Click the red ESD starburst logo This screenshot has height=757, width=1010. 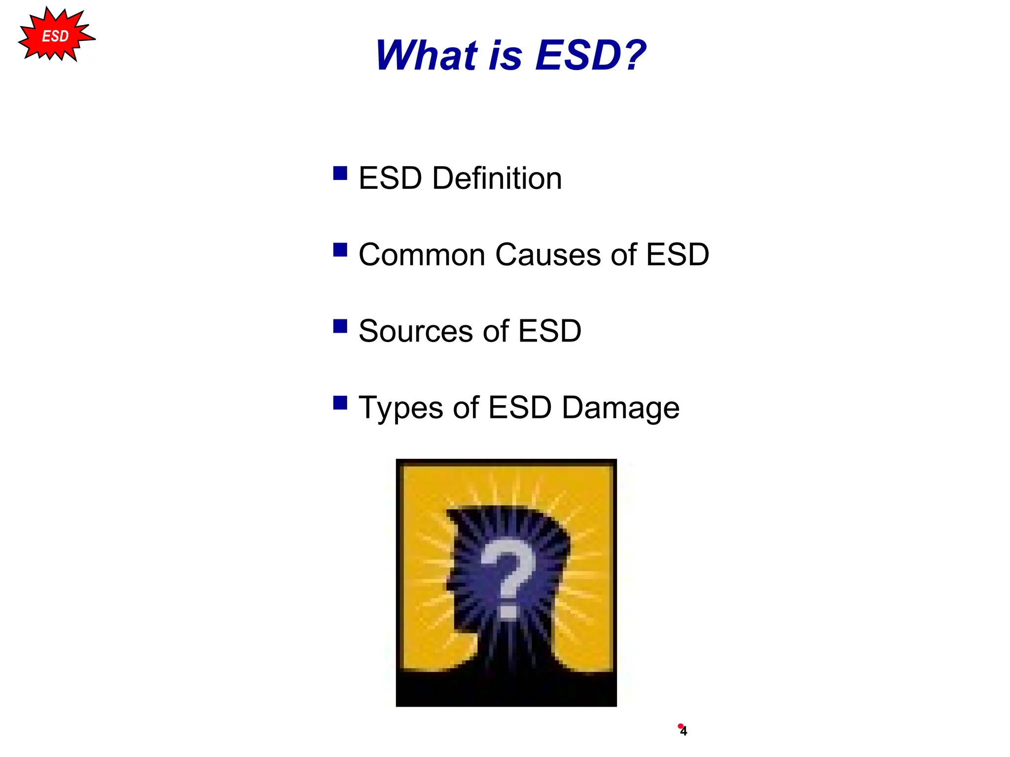[x=55, y=35]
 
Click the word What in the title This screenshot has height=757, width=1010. [x=426, y=55]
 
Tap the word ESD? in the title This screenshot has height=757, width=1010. [x=590, y=55]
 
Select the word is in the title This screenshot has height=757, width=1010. [x=505, y=55]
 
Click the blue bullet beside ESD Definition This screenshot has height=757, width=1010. [x=340, y=173]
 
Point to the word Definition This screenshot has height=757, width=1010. [x=497, y=178]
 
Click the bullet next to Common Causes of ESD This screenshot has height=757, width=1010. [x=340, y=250]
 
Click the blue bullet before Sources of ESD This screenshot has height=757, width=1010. [x=340, y=326]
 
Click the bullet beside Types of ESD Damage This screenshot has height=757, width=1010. [x=340, y=403]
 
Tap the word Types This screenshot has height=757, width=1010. [x=400, y=408]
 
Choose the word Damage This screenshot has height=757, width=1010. [x=620, y=408]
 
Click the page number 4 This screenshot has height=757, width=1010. [x=684, y=731]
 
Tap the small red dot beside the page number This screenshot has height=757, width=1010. [x=680, y=726]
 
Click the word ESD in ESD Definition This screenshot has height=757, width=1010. [x=390, y=178]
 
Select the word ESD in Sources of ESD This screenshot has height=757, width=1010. [x=549, y=331]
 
